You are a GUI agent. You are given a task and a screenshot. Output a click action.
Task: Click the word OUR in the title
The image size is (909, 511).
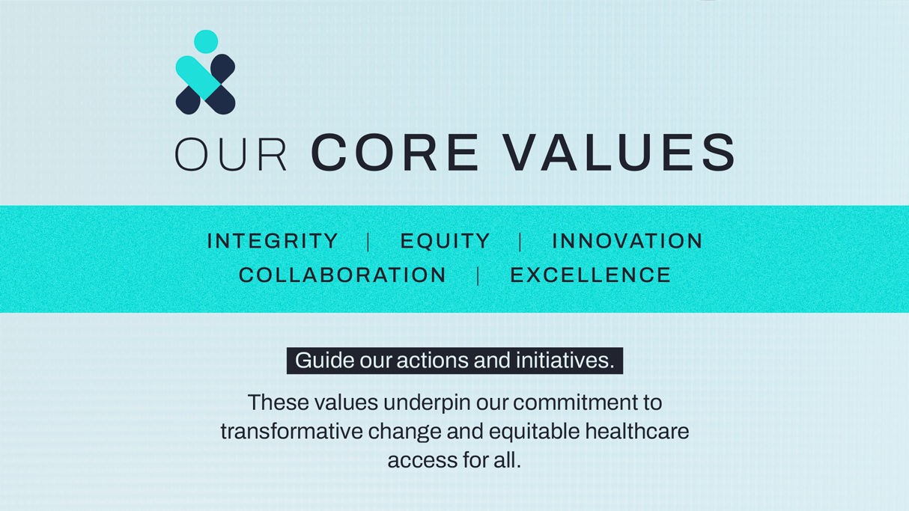pyautogui.click(x=231, y=154)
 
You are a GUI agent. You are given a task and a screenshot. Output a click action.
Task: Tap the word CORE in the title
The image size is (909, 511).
pyautogui.click(x=395, y=153)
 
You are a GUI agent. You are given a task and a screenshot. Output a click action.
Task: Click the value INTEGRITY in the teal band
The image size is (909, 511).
pyautogui.click(x=273, y=241)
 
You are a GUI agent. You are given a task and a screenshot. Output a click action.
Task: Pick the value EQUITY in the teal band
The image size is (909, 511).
pyautogui.click(x=446, y=242)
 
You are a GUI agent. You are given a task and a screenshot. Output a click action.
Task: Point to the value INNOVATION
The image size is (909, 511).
pyautogui.click(x=627, y=241)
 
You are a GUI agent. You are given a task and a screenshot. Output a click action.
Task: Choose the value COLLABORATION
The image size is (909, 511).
pyautogui.click(x=342, y=275)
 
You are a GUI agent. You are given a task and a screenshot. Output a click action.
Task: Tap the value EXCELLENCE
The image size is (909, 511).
pyautogui.click(x=591, y=275)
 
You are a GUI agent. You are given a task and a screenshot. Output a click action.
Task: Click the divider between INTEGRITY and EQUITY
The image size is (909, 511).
pyautogui.click(x=368, y=242)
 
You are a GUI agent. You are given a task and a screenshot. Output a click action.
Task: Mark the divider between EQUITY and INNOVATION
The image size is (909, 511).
pyautogui.click(x=520, y=242)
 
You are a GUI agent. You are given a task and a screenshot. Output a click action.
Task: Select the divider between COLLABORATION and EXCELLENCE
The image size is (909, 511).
pyautogui.click(x=478, y=276)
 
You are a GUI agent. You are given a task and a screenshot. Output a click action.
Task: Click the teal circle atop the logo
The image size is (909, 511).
pyautogui.click(x=206, y=41)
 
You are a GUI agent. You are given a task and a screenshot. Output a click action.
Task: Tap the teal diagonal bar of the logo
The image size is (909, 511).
pyautogui.click(x=198, y=78)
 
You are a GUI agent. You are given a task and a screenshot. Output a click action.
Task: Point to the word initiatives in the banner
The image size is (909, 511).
pyautogui.click(x=565, y=360)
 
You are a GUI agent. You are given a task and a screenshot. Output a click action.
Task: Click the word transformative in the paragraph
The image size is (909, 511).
pyautogui.click(x=292, y=431)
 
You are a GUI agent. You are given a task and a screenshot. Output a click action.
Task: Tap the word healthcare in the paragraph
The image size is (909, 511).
pyautogui.click(x=637, y=431)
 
